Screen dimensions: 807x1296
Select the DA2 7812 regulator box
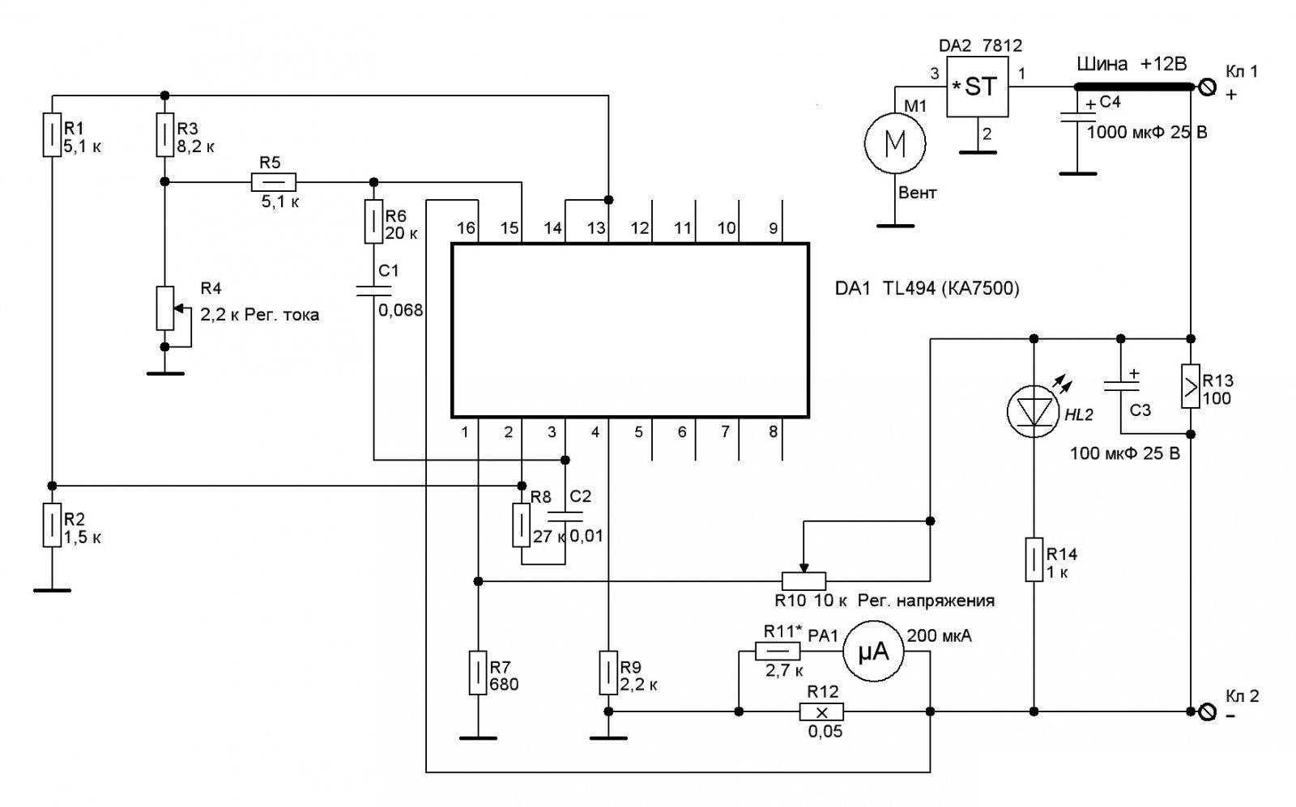pyautogui.click(x=978, y=87)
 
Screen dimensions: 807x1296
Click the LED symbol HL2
pyautogui.click(x=1034, y=411)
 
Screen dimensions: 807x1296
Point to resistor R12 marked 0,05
pyautogui.click(x=821, y=712)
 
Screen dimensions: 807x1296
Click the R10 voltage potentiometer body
pyautogui.click(x=804, y=580)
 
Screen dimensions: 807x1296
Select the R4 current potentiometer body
pyautogui.click(x=164, y=308)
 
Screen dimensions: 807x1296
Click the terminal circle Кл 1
pyautogui.click(x=1206, y=87)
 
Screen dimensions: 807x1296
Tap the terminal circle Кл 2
pyautogui.click(x=1206, y=712)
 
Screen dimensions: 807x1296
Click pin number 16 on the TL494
pyautogui.click(x=466, y=229)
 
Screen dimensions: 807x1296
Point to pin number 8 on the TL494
pyautogui.click(x=773, y=432)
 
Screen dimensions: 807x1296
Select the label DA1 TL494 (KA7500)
pyautogui.click(x=927, y=289)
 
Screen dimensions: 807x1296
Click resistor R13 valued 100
pyautogui.click(x=1191, y=386)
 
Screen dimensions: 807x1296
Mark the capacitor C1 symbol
pyautogui.click(x=373, y=289)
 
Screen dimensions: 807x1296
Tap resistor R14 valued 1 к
pyautogui.click(x=1034, y=559)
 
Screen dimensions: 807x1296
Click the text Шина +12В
pyautogui.click(x=1132, y=65)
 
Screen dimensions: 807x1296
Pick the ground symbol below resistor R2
pyautogui.click(x=51, y=589)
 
